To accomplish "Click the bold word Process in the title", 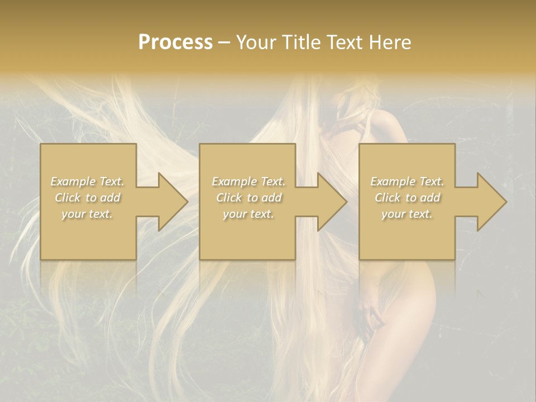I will [175, 42].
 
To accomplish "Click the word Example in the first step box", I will [73, 181].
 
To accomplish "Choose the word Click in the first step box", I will [68, 198].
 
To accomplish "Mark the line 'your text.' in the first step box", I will [87, 214].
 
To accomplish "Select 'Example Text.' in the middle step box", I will [248, 181].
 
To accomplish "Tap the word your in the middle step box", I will [234, 214].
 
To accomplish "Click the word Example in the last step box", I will [393, 181].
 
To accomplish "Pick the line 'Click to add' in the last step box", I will [407, 198].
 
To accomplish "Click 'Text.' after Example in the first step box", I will [111, 181].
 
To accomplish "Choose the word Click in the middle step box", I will [228, 198].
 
